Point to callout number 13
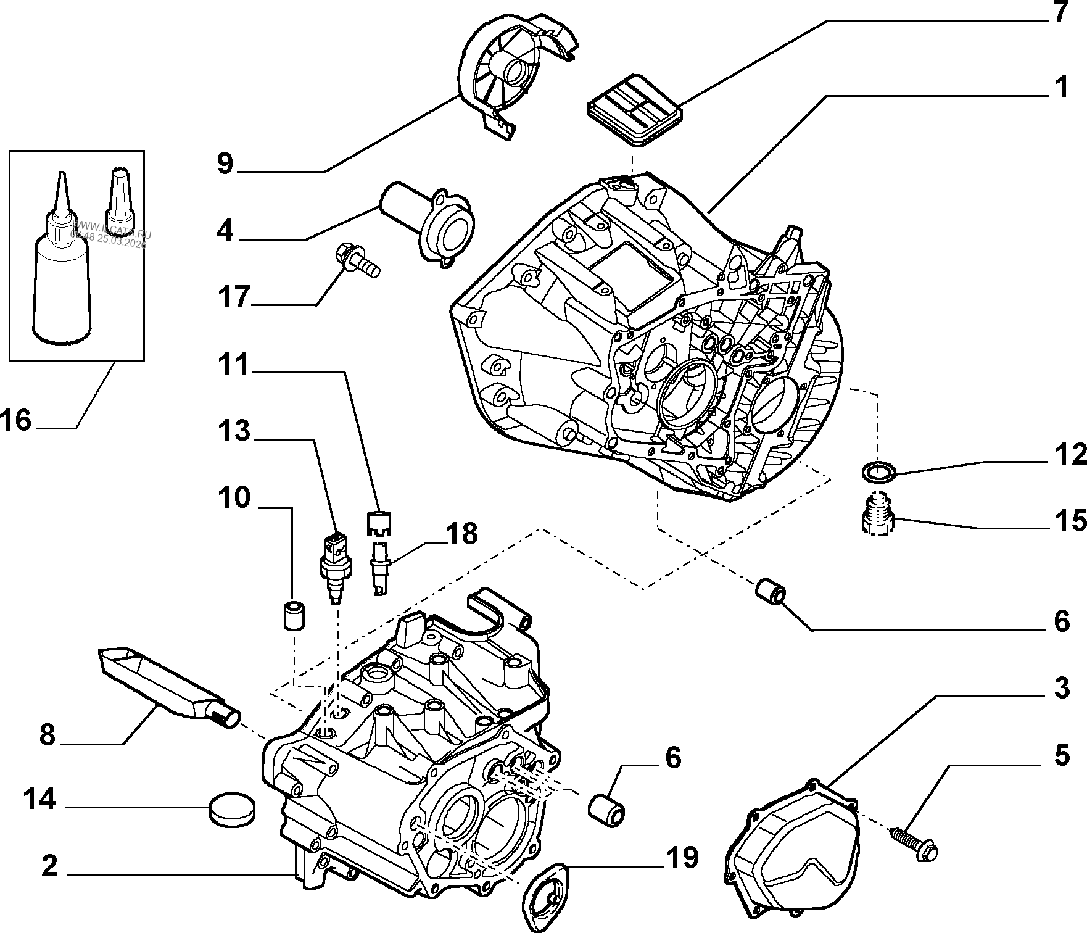click(x=234, y=431)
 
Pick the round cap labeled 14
click(x=232, y=809)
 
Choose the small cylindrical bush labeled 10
click(x=294, y=614)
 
